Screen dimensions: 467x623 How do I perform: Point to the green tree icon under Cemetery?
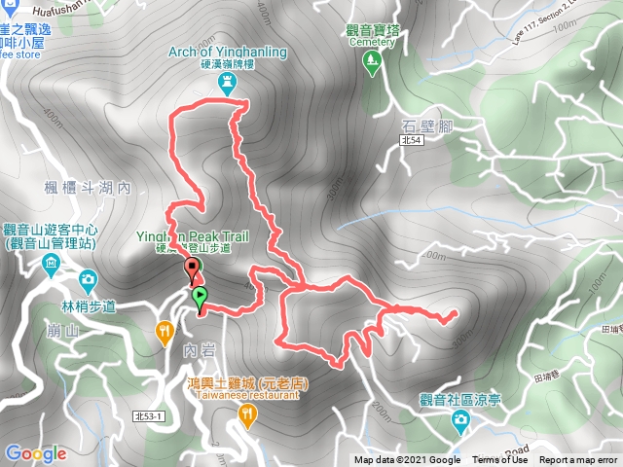(371, 61)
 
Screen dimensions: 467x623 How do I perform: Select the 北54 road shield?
(411, 142)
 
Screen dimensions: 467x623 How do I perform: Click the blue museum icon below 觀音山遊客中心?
(50, 264)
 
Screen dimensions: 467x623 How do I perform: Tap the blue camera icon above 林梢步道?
(89, 281)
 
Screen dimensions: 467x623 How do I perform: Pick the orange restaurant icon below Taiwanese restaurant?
(247, 415)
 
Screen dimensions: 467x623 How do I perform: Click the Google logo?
(35, 453)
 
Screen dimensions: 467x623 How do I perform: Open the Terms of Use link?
(498, 460)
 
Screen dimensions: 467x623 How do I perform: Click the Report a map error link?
(578, 460)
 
